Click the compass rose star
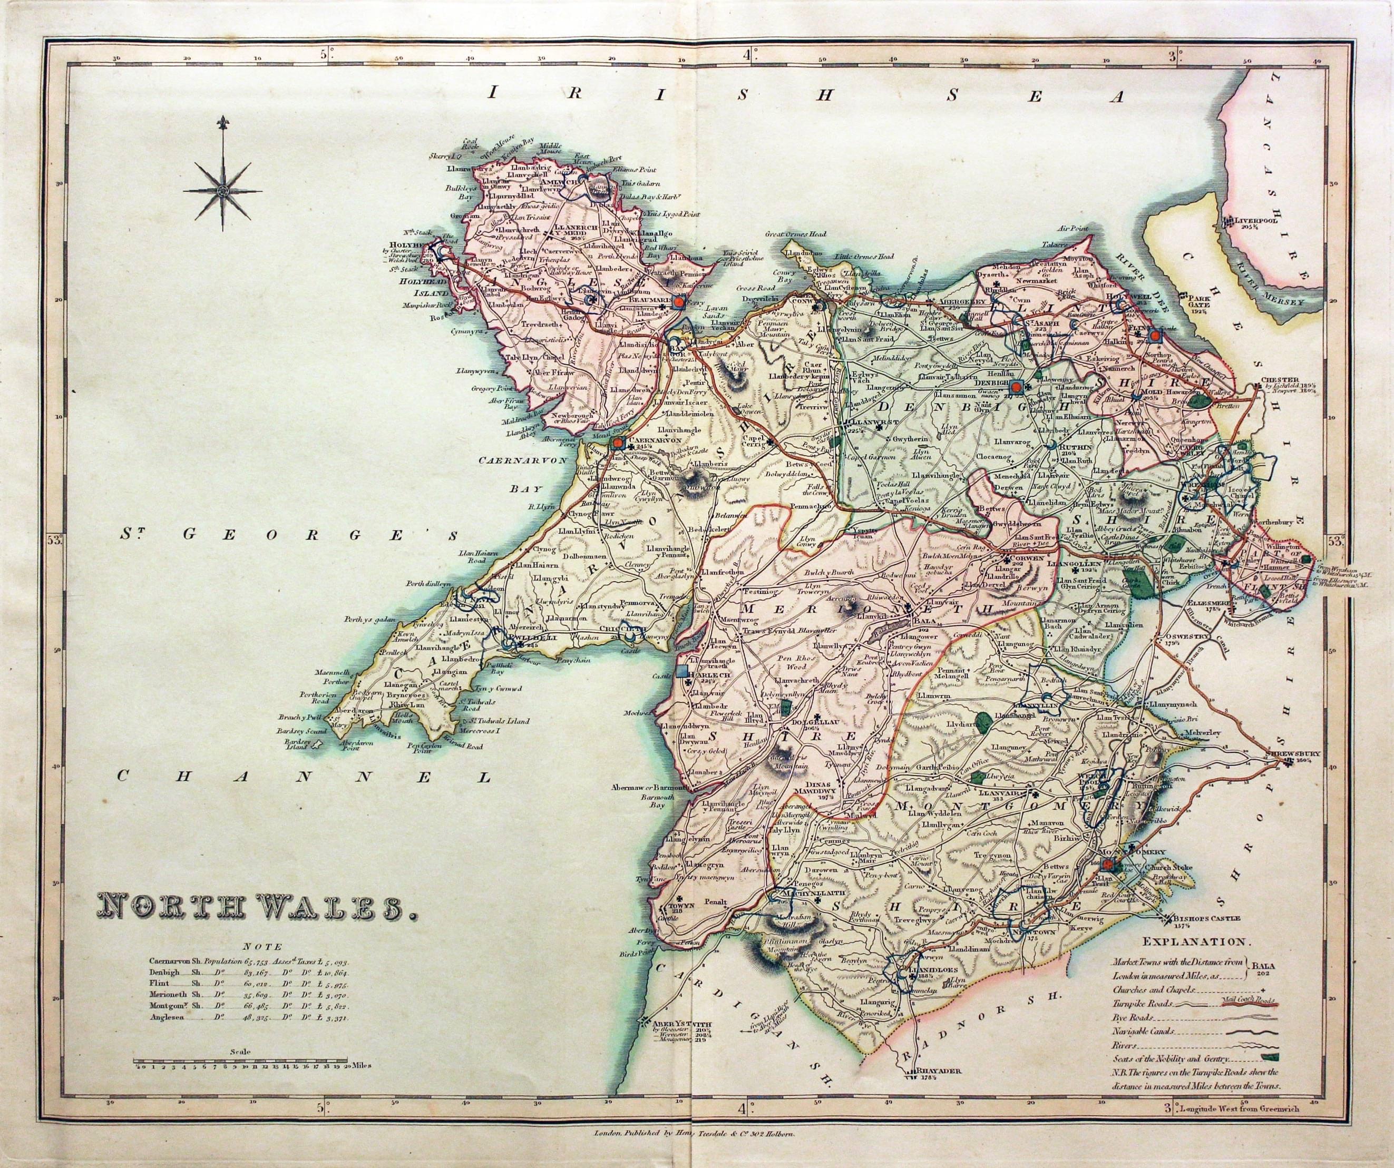click(x=223, y=191)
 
